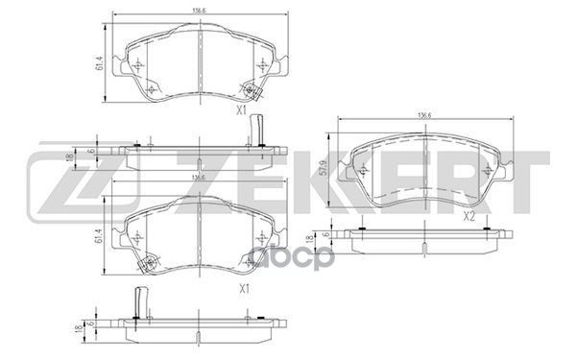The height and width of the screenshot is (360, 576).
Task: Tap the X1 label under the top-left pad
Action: click(x=244, y=111)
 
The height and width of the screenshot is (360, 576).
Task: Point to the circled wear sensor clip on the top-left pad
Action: click(x=252, y=91)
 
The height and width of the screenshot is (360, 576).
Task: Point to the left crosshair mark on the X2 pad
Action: click(x=366, y=170)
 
